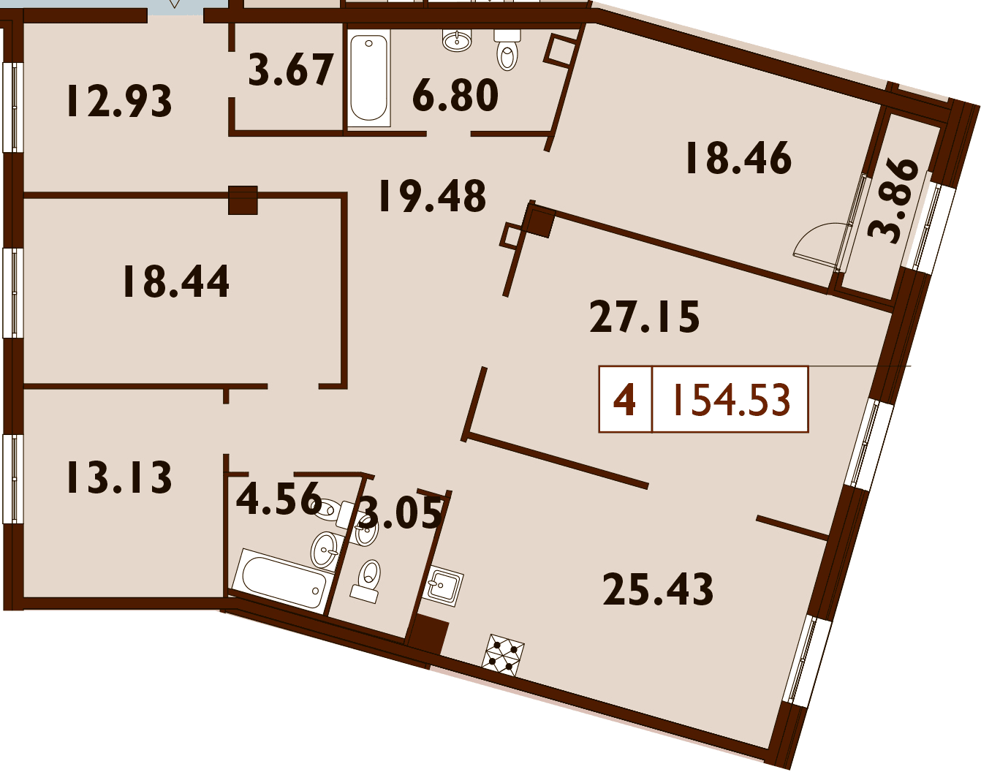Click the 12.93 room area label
(x=119, y=101)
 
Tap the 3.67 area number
(x=291, y=69)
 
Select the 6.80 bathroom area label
(x=455, y=95)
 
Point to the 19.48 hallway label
(x=432, y=196)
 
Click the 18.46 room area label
(x=738, y=158)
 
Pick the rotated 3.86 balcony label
(x=893, y=200)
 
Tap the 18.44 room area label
(x=175, y=281)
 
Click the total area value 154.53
(x=731, y=399)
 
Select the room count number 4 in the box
(x=624, y=400)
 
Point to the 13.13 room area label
(x=119, y=477)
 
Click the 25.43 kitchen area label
(x=658, y=589)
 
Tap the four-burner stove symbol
(x=503, y=654)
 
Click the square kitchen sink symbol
(x=442, y=587)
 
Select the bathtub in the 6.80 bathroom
(x=368, y=78)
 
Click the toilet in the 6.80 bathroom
(x=507, y=50)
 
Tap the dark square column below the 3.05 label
(x=427, y=637)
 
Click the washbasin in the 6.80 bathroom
(x=456, y=40)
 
